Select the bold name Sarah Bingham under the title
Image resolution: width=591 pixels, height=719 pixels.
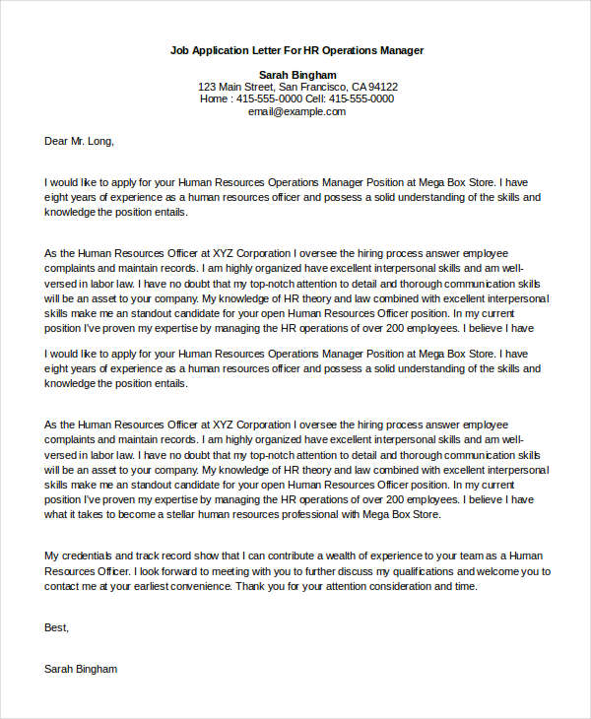click(297, 75)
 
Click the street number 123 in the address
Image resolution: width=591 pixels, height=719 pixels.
click(208, 87)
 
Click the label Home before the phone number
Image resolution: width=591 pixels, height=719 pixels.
click(215, 98)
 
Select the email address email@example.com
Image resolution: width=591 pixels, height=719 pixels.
click(296, 111)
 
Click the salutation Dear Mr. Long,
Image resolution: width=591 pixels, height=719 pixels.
click(80, 141)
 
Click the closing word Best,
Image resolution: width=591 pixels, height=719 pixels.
click(57, 626)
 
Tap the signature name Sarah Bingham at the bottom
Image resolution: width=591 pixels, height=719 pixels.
click(81, 669)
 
